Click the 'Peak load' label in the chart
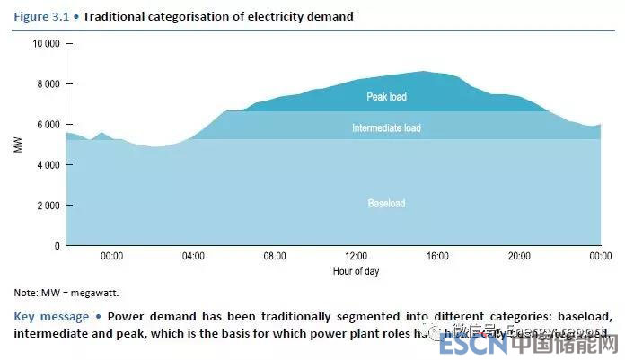click(x=386, y=96)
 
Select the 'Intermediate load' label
click(x=386, y=128)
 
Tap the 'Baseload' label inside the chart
click(x=386, y=204)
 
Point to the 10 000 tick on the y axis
click(x=46, y=43)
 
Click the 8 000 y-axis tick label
click(x=48, y=84)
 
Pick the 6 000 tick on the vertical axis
click(x=48, y=125)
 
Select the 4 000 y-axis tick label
click(x=48, y=165)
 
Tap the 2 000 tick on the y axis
click(x=48, y=206)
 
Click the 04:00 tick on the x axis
click(x=193, y=257)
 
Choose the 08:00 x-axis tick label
click(x=274, y=257)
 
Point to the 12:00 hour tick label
click(x=356, y=257)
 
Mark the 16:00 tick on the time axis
click(x=437, y=257)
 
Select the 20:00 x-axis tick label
click(x=519, y=257)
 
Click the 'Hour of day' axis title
click(x=355, y=270)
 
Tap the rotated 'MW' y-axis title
click(x=18, y=145)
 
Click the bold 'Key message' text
click(x=51, y=316)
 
